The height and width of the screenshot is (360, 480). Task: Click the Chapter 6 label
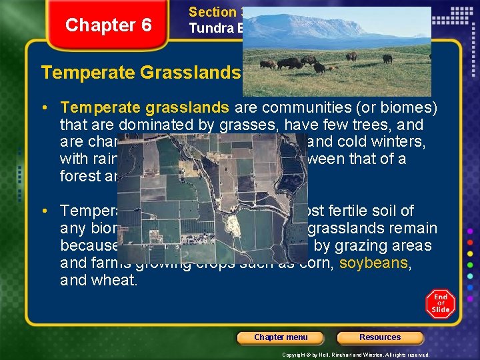(108, 25)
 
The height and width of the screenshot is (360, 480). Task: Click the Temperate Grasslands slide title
(140, 72)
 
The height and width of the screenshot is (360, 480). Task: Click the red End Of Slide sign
(440, 303)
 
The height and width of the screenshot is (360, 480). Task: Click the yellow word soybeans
(373, 263)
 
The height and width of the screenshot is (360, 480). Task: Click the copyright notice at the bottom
(356, 355)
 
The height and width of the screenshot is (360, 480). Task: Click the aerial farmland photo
(211, 196)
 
